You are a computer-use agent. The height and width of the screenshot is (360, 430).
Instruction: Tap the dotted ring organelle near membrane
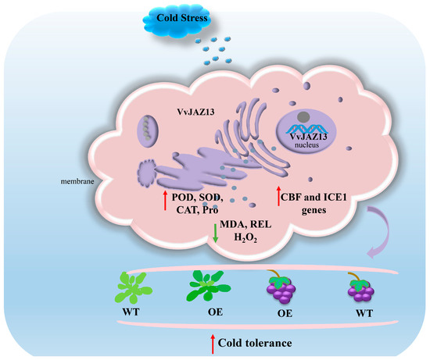click(x=133, y=174)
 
